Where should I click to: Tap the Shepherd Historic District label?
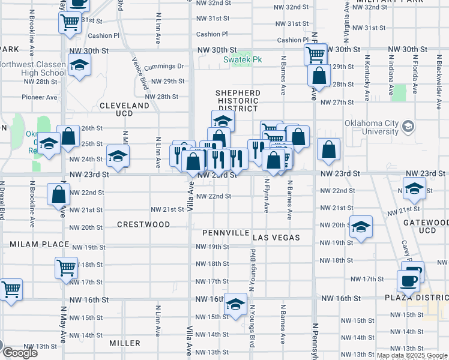pyautogui.click(x=238, y=101)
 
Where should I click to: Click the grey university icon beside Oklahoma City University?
pyautogui.click(x=408, y=125)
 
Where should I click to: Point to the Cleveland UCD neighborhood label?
pyautogui.click(x=124, y=109)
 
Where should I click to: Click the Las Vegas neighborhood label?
pyautogui.click(x=276, y=238)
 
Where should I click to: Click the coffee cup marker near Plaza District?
pyautogui.click(x=409, y=280)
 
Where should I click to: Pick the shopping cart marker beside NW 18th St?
pyautogui.click(x=66, y=268)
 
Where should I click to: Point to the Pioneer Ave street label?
pyautogui.click(x=40, y=97)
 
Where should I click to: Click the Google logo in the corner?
pyautogui.click(x=19, y=353)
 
